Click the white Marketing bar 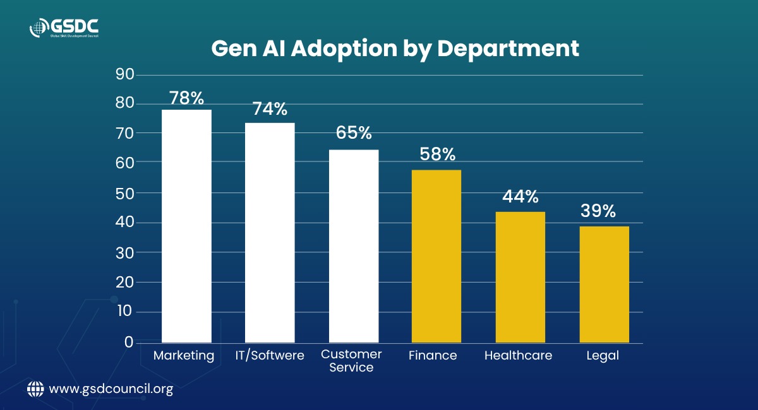click(x=186, y=226)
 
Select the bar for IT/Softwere click(x=270, y=233)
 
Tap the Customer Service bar click(x=354, y=246)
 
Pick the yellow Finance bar click(x=436, y=256)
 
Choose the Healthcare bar click(x=520, y=277)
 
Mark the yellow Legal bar click(x=605, y=284)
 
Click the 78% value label click(x=186, y=98)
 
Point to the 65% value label click(x=354, y=132)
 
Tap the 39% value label click(x=598, y=211)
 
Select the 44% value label click(x=520, y=196)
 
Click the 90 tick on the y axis click(x=125, y=74)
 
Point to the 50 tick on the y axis click(x=125, y=194)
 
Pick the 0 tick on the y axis click(x=129, y=343)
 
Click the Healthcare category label click(x=518, y=355)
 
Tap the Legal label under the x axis click(x=603, y=356)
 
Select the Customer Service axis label click(x=351, y=361)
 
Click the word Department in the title click(x=508, y=49)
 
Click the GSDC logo click(x=64, y=28)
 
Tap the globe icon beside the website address click(x=35, y=389)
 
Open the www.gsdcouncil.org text click(x=111, y=389)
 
